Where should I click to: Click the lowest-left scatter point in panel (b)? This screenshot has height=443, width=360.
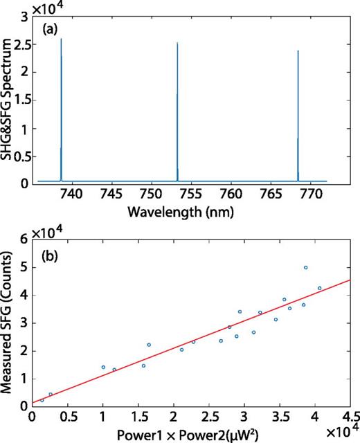tap(42, 400)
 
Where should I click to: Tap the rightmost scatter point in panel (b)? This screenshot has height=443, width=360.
tap(319, 288)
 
